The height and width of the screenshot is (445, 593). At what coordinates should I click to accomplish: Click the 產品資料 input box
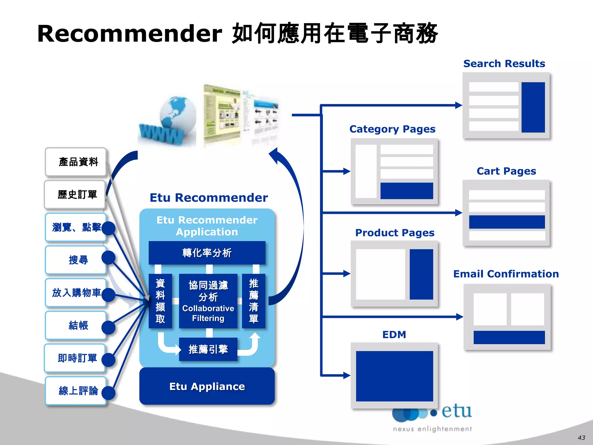tap(76, 162)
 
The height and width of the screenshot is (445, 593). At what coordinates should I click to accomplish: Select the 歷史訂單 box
tap(75, 194)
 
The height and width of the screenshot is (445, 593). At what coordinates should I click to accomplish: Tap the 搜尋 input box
tap(76, 260)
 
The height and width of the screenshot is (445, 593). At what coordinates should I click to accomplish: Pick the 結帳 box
tap(76, 325)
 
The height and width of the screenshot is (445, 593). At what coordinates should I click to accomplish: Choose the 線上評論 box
tap(76, 391)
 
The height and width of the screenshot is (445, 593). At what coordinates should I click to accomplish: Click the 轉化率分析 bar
tap(207, 253)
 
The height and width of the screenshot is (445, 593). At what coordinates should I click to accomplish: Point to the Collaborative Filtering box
tap(208, 301)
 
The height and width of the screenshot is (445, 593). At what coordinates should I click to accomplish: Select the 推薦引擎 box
tap(208, 349)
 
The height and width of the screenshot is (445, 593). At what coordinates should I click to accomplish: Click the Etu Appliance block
tap(207, 386)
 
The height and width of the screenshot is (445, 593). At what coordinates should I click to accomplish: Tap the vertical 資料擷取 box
tap(160, 301)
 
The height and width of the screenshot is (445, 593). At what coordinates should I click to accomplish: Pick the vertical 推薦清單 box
tap(253, 301)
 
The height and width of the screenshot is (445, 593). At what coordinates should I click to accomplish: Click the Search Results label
tap(504, 63)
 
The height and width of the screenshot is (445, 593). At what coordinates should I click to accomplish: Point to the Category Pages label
tap(392, 129)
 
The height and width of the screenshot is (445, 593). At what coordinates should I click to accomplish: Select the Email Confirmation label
tap(506, 274)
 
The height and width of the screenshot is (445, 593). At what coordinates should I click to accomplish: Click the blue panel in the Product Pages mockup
tap(421, 274)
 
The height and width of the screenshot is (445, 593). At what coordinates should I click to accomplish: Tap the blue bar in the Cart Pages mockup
tap(507, 222)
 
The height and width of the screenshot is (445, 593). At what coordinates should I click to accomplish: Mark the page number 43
tap(581, 437)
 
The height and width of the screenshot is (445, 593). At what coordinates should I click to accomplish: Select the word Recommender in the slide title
tap(129, 34)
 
